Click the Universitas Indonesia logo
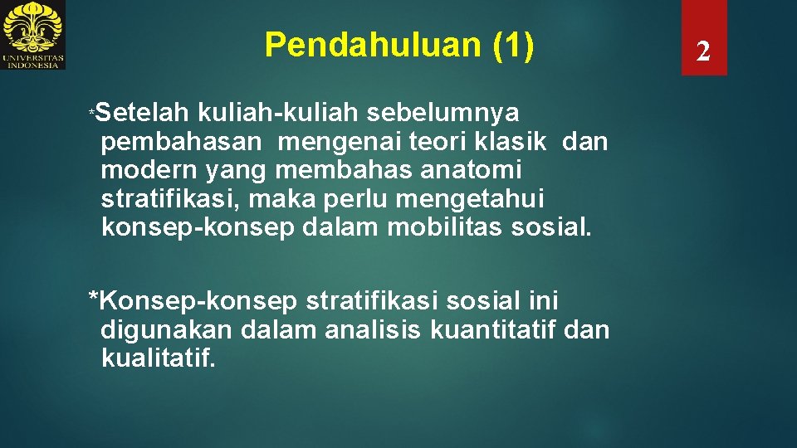pyautogui.click(x=33, y=35)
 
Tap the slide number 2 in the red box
pyautogui.click(x=703, y=52)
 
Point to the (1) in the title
pyautogui.click(x=513, y=45)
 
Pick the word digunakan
pyautogui.click(x=166, y=329)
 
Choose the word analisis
pyautogui.click(x=373, y=329)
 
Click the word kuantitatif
pyautogui.click(x=493, y=329)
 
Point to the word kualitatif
pyautogui.click(x=158, y=358)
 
